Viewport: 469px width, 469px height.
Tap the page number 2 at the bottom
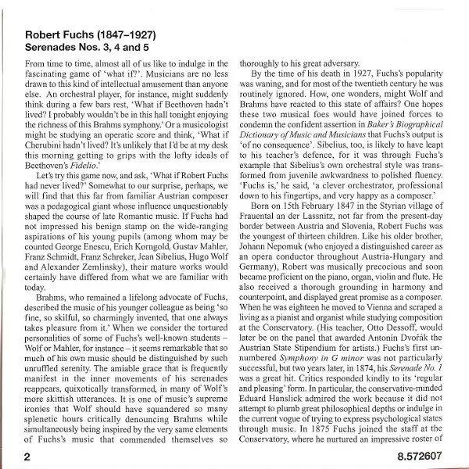coord(27,453)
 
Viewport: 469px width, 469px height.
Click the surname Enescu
coord(99,275)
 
